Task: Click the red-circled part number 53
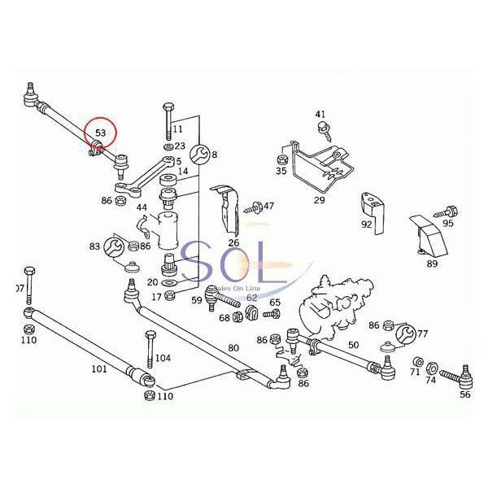tap(101, 133)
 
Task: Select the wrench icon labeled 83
tap(114, 246)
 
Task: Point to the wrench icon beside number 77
tap(406, 334)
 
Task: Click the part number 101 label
tap(99, 368)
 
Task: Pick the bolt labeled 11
tap(168, 120)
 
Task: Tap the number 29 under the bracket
tap(320, 200)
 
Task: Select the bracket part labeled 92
tap(373, 211)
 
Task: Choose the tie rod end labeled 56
tap(459, 377)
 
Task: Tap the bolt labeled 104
tap(150, 349)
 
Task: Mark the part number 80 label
tap(233, 347)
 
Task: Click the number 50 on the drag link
tap(353, 345)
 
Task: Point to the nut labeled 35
tap(281, 159)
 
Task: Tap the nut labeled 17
tap(169, 294)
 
